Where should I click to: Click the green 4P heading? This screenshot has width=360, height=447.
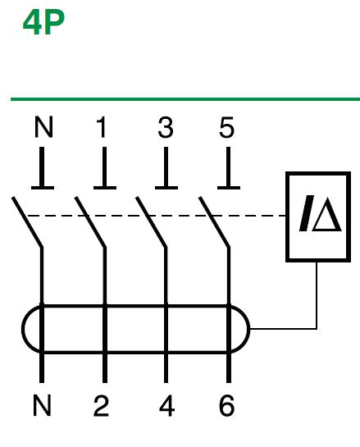coord(43,22)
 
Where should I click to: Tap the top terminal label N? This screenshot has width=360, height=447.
coord(43,126)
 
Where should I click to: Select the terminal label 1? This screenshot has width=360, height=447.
coord(102,126)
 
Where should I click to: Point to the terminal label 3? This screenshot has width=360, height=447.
coord(166,127)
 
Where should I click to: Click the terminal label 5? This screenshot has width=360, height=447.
coord(227,127)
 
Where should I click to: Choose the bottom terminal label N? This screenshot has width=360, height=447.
coord(42,405)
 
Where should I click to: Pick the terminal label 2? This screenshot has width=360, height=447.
coord(101,405)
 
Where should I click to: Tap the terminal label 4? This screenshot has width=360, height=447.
coord(167,405)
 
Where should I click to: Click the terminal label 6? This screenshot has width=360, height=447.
coord(227,405)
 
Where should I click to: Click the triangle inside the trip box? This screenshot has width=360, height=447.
coord(327,215)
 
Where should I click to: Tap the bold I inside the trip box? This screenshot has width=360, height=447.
coord(306,213)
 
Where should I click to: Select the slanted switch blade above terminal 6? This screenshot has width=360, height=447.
coord(214,221)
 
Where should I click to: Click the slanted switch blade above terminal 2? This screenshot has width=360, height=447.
coord(90,221)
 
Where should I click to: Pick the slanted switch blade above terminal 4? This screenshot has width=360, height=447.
coord(152,221)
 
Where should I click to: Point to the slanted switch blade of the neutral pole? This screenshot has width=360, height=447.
coord(27,221)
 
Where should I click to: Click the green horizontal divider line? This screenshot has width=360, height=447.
coord(185,99)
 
